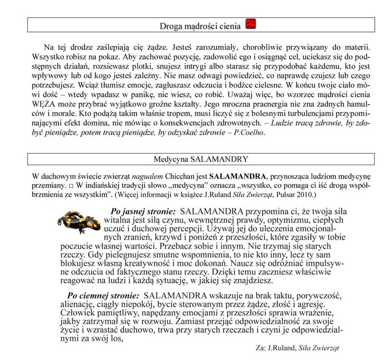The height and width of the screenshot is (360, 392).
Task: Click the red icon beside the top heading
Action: [x=252, y=25]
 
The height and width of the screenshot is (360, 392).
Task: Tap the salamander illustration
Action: [x=79, y=220]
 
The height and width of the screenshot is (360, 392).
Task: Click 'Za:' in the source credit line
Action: [x=260, y=348]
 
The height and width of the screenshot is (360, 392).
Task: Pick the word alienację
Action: [x=78, y=304]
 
